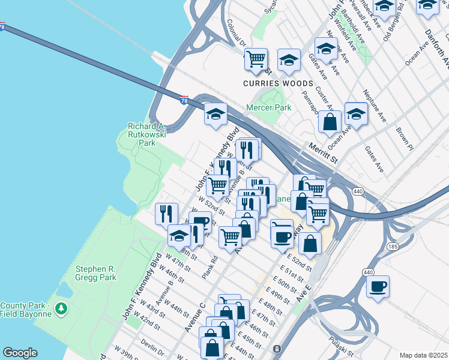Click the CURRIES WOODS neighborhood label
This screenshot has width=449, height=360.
coord(278,83)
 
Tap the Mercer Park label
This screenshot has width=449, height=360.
coord(269,108)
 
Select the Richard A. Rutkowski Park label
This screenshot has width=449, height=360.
coord(142,134)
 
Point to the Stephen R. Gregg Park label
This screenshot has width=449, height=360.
coord(95,274)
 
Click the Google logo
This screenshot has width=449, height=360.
coord(20,353)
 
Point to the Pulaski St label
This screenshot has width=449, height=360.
coord(342,346)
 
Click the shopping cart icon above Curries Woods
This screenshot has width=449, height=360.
coord(256,59)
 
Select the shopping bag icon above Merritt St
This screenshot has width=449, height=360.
coord(330,122)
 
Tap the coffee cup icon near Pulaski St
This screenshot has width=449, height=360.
coord(378,287)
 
